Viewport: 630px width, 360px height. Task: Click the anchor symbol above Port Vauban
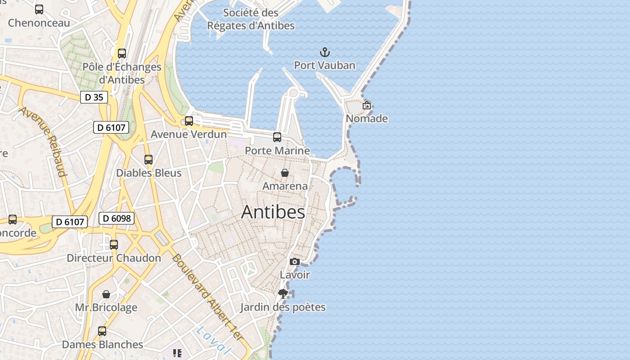(324, 53)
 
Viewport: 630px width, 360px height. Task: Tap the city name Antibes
(273, 212)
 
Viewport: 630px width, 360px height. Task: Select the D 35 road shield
(94, 97)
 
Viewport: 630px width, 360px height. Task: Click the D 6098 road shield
(117, 219)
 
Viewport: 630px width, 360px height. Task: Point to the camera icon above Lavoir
(294, 261)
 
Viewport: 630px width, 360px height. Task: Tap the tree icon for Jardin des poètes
(283, 294)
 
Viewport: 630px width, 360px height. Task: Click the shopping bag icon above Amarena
(285, 173)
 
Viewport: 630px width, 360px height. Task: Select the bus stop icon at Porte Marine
(277, 137)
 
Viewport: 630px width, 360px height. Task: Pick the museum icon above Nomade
(367, 105)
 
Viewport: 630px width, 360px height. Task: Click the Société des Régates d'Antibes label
(251, 19)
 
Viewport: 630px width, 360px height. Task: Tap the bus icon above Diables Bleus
(148, 160)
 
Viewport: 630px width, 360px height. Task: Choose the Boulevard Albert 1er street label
(207, 297)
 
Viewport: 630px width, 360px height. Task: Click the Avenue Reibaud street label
(43, 142)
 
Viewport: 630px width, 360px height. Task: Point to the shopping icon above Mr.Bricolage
(106, 294)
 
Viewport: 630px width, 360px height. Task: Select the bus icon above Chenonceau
(39, 9)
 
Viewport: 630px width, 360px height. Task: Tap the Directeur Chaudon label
(114, 258)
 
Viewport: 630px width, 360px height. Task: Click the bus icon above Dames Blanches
(102, 331)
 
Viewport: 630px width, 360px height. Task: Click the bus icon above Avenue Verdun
(189, 121)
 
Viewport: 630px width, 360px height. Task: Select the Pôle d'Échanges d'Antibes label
(122, 73)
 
